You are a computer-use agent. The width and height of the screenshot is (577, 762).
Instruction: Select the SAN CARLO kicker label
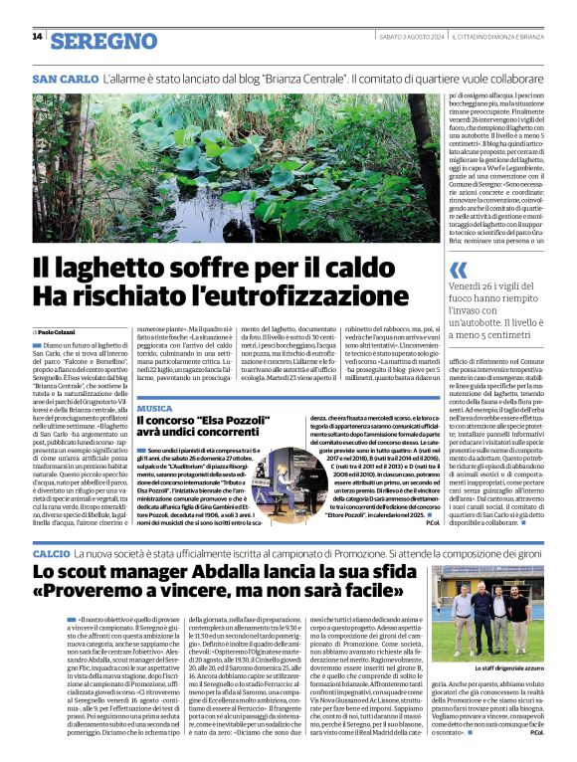[65, 78]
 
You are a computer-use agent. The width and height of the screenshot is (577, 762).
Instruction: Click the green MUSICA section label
[154, 409]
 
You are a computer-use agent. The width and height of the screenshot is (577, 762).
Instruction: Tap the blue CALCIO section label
[51, 551]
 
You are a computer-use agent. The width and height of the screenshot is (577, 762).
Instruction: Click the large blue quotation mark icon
[458, 270]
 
